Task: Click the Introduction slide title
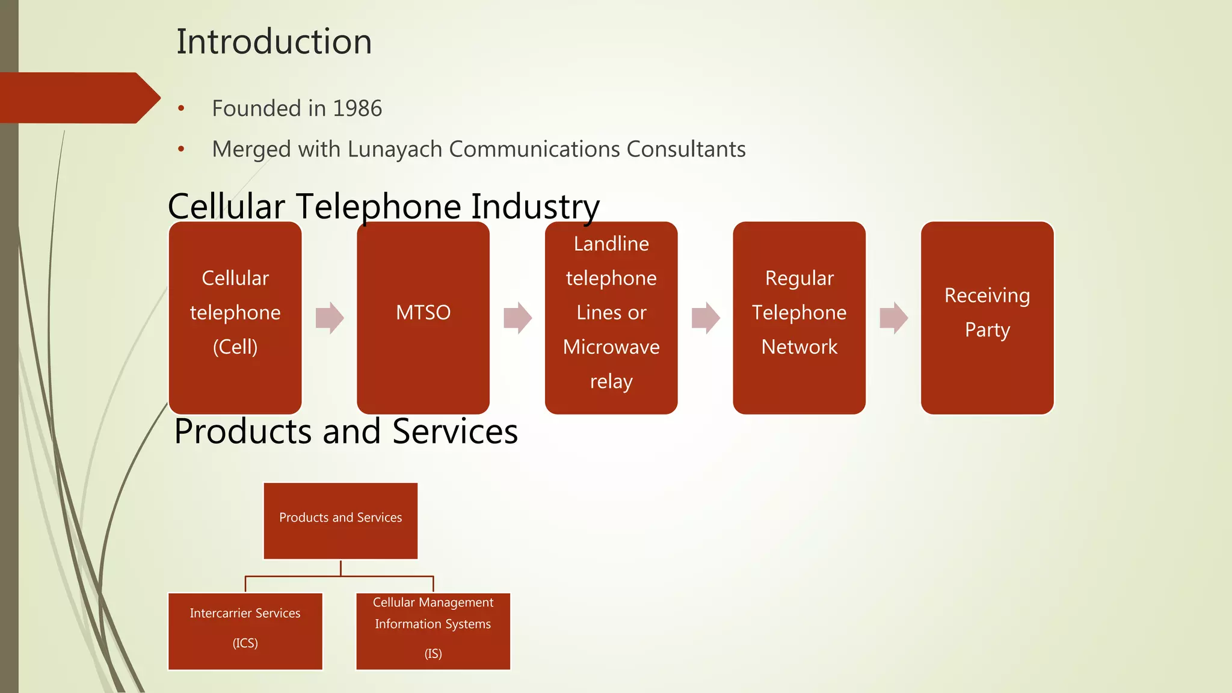click(274, 42)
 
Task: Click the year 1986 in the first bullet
click(357, 109)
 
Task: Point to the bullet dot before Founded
click(181, 109)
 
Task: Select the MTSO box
click(423, 318)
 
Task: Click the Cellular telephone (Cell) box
click(235, 318)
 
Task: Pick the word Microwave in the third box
click(611, 347)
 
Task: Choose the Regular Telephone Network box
click(799, 318)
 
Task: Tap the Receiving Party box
click(987, 318)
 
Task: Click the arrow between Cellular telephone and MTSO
click(330, 318)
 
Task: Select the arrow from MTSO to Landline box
click(517, 318)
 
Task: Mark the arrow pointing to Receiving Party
click(893, 318)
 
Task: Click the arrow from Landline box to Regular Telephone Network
click(706, 318)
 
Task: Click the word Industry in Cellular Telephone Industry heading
click(535, 207)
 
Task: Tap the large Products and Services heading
click(346, 432)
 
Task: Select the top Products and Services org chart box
click(340, 521)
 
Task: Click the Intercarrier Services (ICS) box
click(245, 631)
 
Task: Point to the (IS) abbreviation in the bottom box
click(433, 654)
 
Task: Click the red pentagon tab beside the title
click(78, 98)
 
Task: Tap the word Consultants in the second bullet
click(686, 149)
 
